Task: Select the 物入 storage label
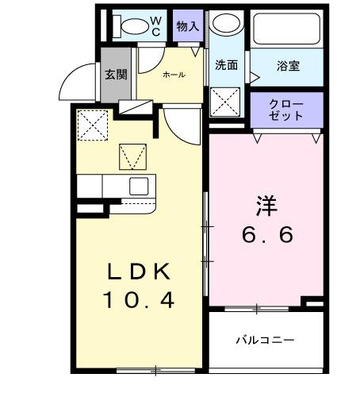pos(188,26)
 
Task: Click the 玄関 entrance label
pos(116,75)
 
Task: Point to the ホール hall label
pos(174,75)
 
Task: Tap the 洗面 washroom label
pos(227,65)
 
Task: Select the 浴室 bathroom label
pos(289,66)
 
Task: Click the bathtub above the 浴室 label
pos(286,29)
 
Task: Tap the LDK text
pos(140,272)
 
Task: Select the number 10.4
pos(140,302)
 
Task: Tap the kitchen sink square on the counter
pos(138,187)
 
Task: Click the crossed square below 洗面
pos(227,102)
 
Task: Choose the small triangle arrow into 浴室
pos(255,77)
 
